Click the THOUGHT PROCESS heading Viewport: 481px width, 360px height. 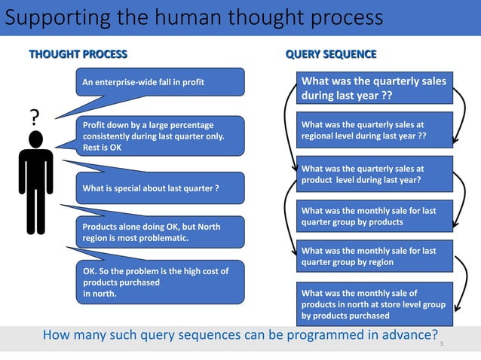[x=78, y=54]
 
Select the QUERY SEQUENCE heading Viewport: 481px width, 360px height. [x=331, y=54]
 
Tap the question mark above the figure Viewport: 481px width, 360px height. [x=34, y=117]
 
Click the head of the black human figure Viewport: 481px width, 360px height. [x=35, y=139]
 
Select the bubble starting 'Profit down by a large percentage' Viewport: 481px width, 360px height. [x=159, y=136]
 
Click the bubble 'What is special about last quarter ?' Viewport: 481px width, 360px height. [x=159, y=188]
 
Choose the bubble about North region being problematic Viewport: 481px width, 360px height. [x=159, y=232]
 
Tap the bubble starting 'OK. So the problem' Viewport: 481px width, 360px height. [x=159, y=282]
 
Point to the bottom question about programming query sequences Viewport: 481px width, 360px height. [x=240, y=334]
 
